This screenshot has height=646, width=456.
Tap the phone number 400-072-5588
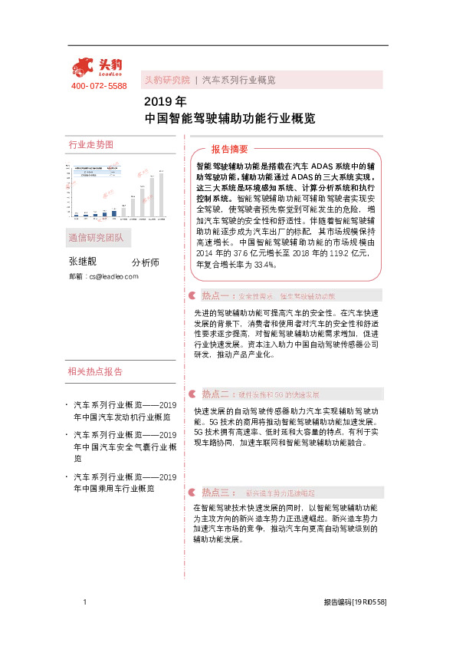[99, 87]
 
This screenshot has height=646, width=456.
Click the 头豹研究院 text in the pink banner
[167, 80]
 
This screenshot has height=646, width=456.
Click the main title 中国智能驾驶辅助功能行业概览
[229, 119]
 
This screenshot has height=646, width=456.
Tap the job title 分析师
[145, 262]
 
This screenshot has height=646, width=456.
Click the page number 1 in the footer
[85, 603]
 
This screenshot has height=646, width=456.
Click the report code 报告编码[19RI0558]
[354, 603]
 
